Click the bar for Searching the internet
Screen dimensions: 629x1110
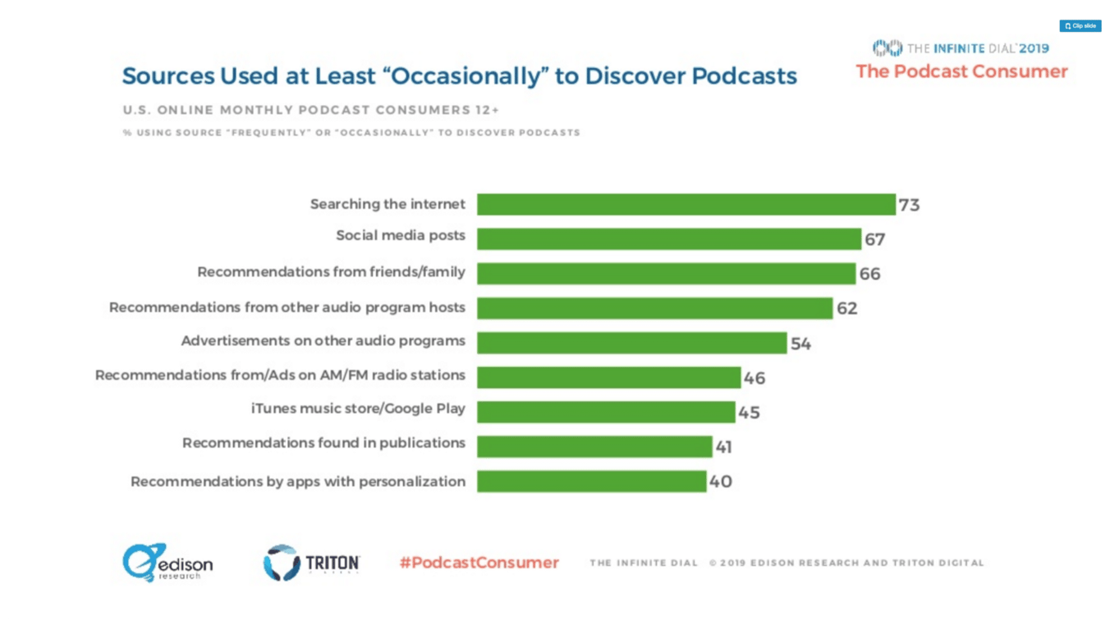[686, 204]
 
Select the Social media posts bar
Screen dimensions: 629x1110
[668, 239]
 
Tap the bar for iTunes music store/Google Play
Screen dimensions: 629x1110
[606, 411]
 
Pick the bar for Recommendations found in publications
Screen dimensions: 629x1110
[594, 446]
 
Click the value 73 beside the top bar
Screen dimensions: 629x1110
[909, 205]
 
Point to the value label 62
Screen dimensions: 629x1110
[847, 309]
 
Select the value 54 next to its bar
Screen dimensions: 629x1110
[800, 344]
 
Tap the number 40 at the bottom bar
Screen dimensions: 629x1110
[720, 482]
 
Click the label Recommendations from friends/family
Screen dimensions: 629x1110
[331, 272]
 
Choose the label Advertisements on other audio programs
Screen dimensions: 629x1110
[323, 341]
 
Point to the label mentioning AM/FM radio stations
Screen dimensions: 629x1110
[280, 375]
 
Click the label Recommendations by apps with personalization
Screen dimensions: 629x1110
[298, 482]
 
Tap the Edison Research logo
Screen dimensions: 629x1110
[167, 563]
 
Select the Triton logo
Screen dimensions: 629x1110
[311, 563]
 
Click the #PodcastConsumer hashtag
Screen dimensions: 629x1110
[479, 562]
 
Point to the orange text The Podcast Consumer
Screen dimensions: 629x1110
[961, 71]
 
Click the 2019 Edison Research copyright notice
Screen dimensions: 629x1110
[846, 563]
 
